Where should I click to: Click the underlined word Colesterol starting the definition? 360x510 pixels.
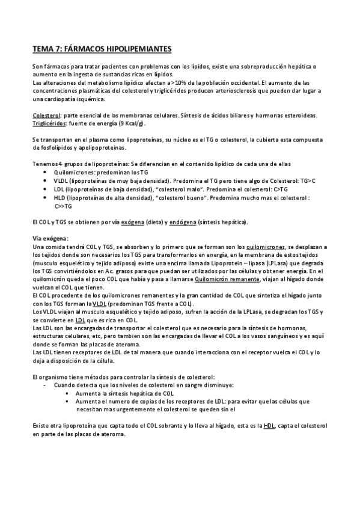point(46,114)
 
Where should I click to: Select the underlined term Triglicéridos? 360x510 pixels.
point(50,123)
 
